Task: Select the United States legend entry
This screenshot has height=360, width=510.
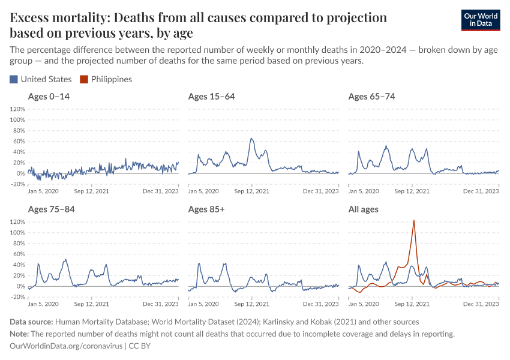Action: pyautogui.click(x=41, y=79)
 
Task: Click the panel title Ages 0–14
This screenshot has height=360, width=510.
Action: pyautogui.click(x=49, y=97)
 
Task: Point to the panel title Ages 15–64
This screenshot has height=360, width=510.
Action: pyautogui.click(x=211, y=97)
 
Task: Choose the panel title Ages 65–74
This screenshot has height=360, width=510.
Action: pyautogui.click(x=371, y=97)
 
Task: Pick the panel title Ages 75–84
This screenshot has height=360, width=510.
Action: pyautogui.click(x=51, y=209)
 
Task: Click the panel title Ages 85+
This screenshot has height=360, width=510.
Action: pyautogui.click(x=208, y=209)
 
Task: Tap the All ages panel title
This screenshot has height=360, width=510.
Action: pyautogui.click(x=363, y=209)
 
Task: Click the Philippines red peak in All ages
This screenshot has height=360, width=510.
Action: pyautogui.click(x=413, y=221)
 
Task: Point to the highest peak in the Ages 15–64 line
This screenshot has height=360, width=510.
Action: pyautogui.click(x=251, y=139)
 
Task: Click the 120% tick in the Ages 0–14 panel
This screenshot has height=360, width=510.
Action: pyautogui.click(x=17, y=109)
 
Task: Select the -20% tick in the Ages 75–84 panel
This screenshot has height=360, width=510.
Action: pyautogui.click(x=17, y=297)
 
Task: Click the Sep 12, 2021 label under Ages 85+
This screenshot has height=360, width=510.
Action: pyautogui.click(x=251, y=304)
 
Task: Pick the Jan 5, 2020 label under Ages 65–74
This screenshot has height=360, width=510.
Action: pyautogui.click(x=363, y=191)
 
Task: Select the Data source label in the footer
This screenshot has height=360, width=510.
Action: pyautogui.click(x=31, y=322)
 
